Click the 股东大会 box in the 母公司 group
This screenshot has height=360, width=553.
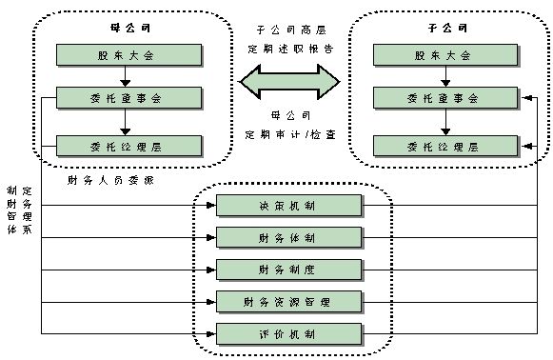pos(129,55)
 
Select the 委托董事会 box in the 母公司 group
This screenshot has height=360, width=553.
pos(129,97)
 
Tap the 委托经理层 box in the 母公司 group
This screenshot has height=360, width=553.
pos(129,146)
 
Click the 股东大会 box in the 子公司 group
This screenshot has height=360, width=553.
pos(445,55)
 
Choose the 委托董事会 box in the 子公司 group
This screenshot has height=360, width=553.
pos(445,97)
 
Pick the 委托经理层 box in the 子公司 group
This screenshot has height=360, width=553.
pos(445,146)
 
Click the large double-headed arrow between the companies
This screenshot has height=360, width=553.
pos(288,81)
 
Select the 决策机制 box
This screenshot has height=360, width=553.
pos(289,206)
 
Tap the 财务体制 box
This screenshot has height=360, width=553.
pos(289,237)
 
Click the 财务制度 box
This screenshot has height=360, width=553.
pos(289,270)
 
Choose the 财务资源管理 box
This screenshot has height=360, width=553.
pos(289,302)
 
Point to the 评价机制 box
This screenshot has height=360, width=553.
pos(289,334)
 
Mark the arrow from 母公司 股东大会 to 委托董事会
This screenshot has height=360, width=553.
pos(129,76)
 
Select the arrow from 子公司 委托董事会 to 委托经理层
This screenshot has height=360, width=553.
pos(445,121)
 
